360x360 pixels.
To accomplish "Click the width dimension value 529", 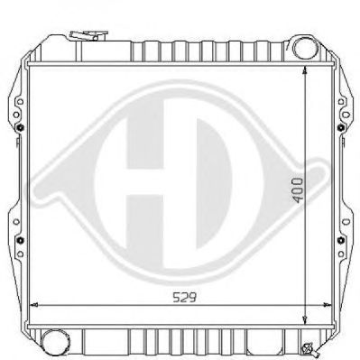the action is (x=185, y=298).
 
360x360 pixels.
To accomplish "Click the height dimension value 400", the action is (x=298, y=190).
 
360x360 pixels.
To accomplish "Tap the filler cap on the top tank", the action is (x=88, y=35).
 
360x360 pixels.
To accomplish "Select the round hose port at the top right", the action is (x=304, y=48).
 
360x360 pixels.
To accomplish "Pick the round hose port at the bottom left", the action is (x=54, y=342).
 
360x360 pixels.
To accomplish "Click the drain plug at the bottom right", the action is (x=309, y=349).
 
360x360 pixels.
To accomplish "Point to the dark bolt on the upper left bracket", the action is (x=21, y=127).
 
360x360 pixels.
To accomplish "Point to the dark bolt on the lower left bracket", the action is (x=21, y=240).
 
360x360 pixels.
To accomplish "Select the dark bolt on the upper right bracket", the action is (x=340, y=127).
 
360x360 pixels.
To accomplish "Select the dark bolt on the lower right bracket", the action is (x=340, y=240).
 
